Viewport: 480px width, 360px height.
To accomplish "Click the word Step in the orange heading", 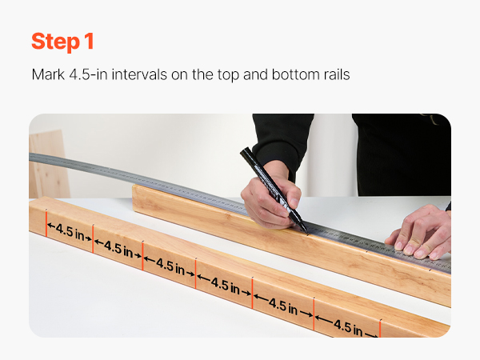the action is tap(55, 42).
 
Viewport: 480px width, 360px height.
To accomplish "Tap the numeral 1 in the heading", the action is tap(89, 41).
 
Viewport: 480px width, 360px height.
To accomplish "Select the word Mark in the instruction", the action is tap(48, 74).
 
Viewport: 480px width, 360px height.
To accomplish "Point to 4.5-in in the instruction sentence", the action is tap(88, 74).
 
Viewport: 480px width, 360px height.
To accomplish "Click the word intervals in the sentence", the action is tap(139, 74).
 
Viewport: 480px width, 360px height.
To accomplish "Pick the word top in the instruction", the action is tap(228, 75).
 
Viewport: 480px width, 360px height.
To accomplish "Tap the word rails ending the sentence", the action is tap(336, 74).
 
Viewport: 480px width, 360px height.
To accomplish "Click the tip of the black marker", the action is tap(306, 231).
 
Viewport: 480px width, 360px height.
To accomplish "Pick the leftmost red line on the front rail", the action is tap(46, 224).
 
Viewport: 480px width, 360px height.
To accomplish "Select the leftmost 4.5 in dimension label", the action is tap(70, 233).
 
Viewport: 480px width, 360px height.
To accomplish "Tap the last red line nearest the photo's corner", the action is tap(380, 329).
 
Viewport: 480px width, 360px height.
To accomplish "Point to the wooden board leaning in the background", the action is tap(48, 164).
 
